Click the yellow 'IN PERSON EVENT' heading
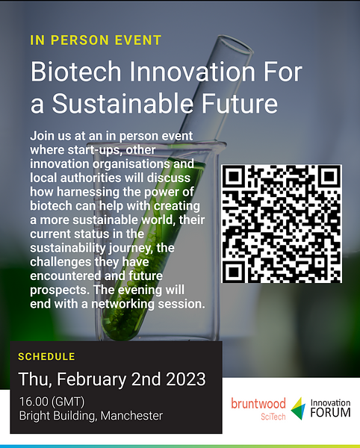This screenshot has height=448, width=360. tap(96, 40)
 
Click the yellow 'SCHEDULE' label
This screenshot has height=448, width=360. tap(46, 356)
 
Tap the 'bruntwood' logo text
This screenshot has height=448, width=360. tap(257, 404)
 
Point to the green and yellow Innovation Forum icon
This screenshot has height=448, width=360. tap(299, 408)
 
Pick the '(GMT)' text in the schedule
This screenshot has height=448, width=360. tap(70, 401)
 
